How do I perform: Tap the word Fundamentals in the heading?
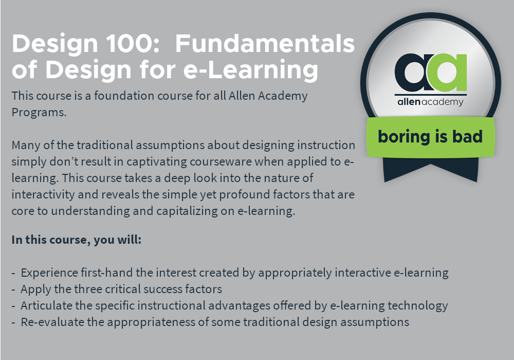point(265,43)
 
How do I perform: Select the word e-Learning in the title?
point(251,70)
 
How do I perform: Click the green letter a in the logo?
point(448,73)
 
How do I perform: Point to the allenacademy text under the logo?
point(430,102)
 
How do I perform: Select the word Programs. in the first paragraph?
point(39,113)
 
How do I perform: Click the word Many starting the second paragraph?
point(26,145)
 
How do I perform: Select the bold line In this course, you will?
point(77,240)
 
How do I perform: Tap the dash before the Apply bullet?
point(13,290)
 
